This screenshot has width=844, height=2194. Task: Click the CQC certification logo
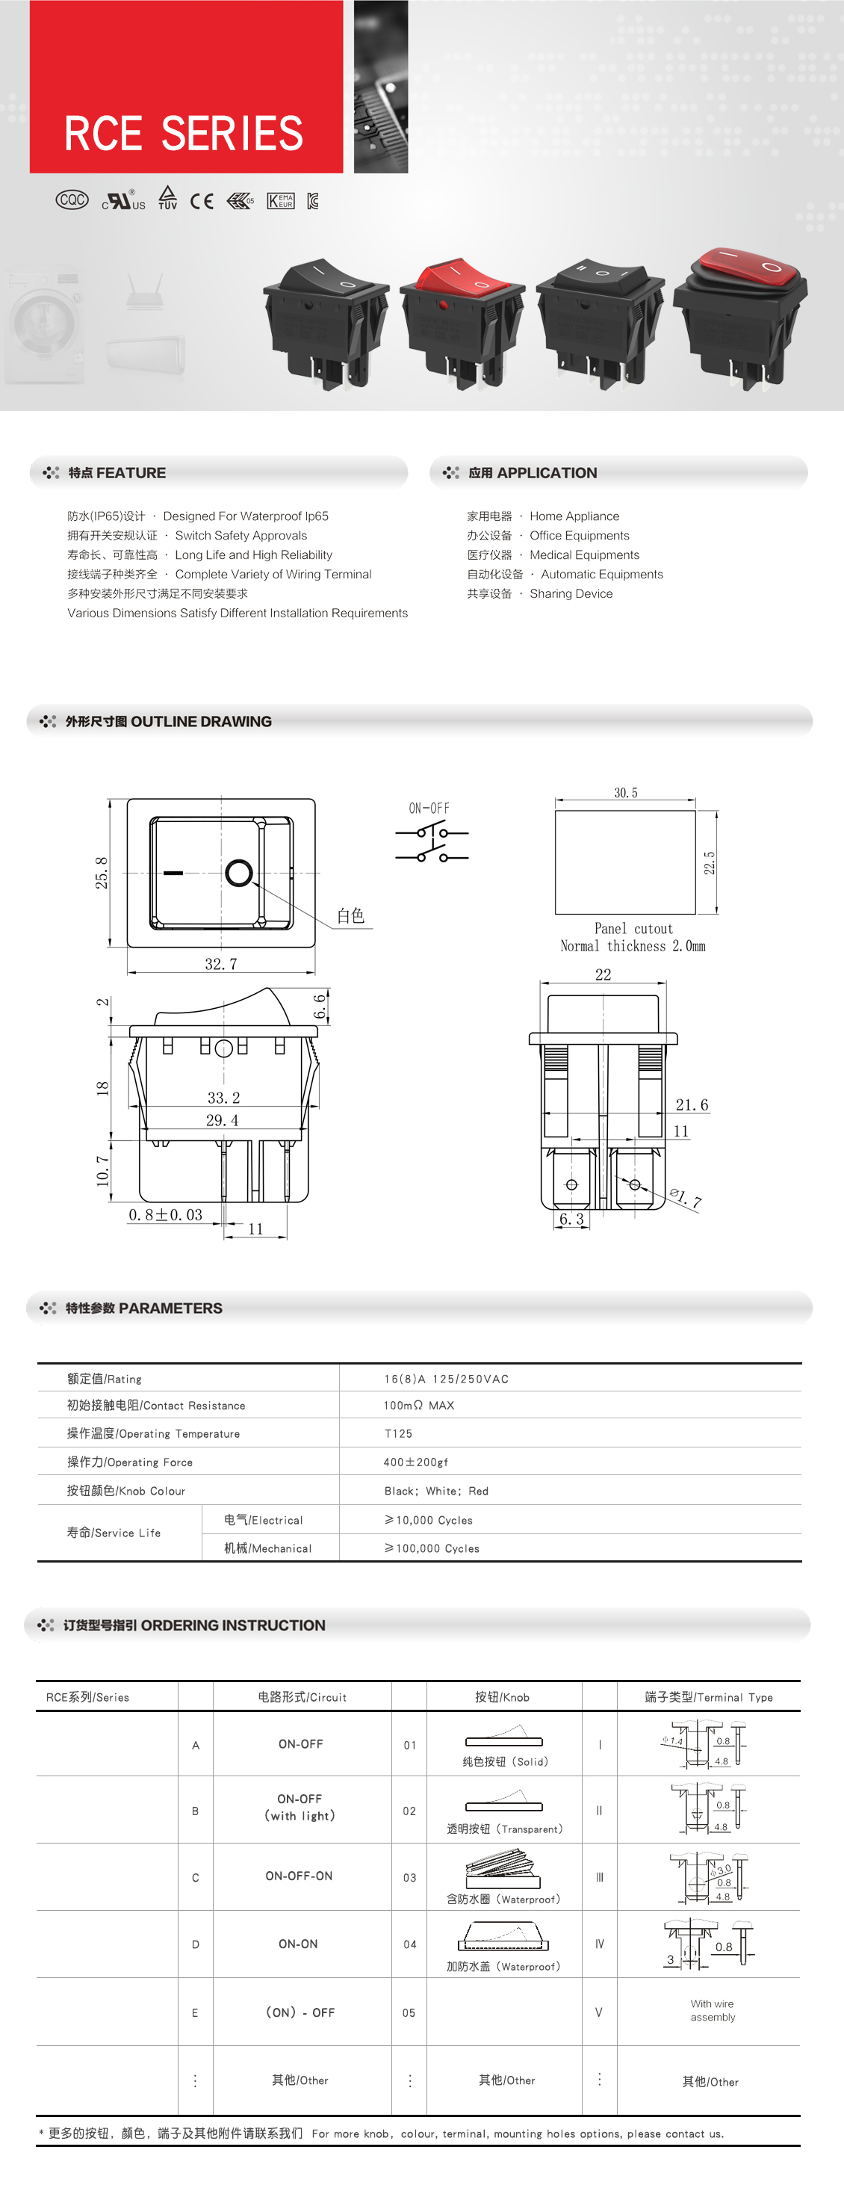pyautogui.click(x=72, y=200)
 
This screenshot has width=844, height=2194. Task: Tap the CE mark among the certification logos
pyautogui.click(x=202, y=201)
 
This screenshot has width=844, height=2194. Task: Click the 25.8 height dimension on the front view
pyautogui.click(x=102, y=873)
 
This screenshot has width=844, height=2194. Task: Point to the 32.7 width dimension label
pyautogui.click(x=220, y=964)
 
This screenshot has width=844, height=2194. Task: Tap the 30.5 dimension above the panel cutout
pyautogui.click(x=626, y=793)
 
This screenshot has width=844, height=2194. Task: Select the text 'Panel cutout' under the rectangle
pyautogui.click(x=633, y=928)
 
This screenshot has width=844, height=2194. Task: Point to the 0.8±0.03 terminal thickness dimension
pyautogui.click(x=165, y=1215)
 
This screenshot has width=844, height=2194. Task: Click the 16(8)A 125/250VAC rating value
pyautogui.click(x=446, y=1379)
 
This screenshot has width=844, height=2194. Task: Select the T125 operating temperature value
pyautogui.click(x=399, y=1433)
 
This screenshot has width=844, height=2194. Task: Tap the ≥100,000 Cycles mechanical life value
pyautogui.click(x=432, y=1548)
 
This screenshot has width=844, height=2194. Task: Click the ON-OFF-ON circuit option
pyautogui.click(x=299, y=1876)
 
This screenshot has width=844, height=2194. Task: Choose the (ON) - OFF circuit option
pyautogui.click(x=300, y=2012)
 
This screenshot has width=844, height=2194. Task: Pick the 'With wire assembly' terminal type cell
pyautogui.click(x=712, y=2011)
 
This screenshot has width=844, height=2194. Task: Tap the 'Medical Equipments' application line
pyautogui.click(x=584, y=554)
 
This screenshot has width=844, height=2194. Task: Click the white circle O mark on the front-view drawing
pyautogui.click(x=239, y=873)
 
